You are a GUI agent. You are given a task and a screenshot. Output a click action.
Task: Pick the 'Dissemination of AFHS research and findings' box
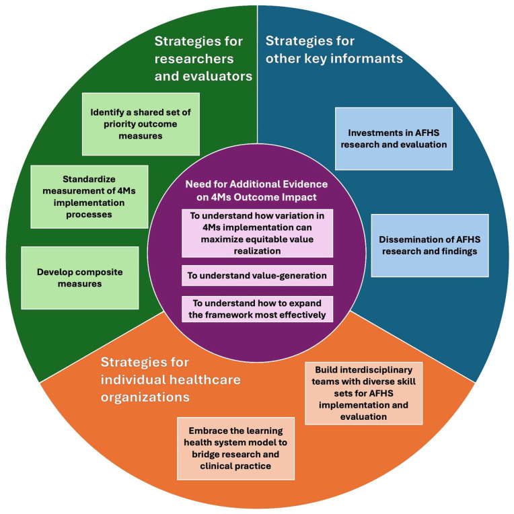pyautogui.click(x=429, y=245)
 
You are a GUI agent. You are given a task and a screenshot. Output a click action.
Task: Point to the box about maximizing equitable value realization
pyautogui.click(x=256, y=232)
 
